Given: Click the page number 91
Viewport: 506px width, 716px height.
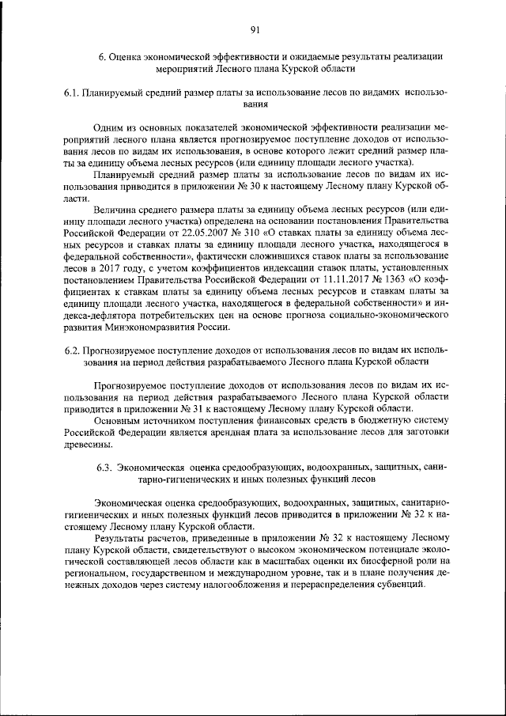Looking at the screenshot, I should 255,30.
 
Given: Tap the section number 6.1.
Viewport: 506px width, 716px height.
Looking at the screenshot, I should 73,93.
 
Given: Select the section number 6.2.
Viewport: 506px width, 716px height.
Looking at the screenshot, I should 73,350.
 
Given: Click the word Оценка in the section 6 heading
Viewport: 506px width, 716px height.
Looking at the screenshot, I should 127,56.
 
